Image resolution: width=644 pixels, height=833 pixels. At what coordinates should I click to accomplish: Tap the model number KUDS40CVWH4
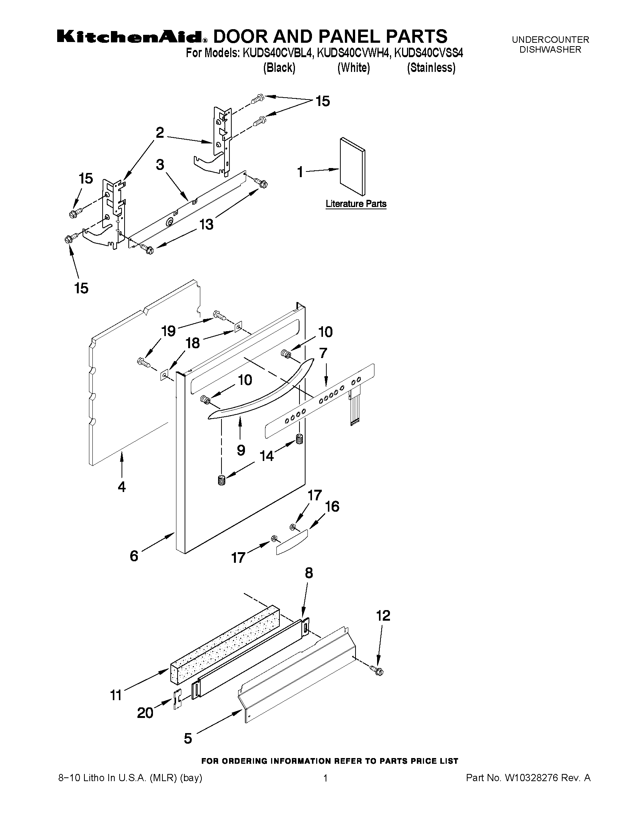(353, 53)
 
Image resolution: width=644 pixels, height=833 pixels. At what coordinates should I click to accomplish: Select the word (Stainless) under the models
(431, 68)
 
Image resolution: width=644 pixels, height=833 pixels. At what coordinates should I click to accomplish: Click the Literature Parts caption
(356, 204)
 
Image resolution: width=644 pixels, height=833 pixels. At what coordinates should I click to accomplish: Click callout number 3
(160, 165)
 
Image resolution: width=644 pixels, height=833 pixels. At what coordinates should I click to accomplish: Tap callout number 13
(206, 224)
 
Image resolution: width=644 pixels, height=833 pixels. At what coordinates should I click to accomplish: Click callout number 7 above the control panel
(323, 353)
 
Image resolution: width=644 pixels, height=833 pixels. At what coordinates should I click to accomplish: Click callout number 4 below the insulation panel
(121, 487)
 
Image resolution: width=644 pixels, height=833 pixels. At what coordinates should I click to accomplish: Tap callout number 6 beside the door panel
(134, 556)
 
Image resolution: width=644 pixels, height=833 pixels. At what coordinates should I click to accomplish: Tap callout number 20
(145, 713)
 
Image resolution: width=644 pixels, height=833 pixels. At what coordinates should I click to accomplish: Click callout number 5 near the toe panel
(188, 738)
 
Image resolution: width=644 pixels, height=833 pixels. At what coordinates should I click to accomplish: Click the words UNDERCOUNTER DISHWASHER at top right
(550, 45)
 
